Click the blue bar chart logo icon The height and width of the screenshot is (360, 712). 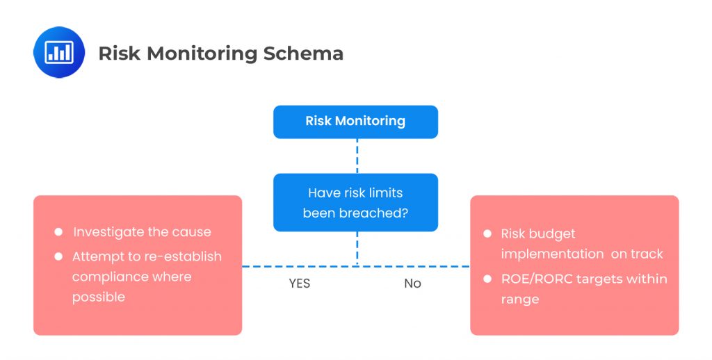[x=58, y=52]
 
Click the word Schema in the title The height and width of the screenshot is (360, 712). [x=306, y=54]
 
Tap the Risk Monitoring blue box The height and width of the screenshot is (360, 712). [x=355, y=122]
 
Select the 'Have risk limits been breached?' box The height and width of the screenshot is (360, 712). [x=355, y=202]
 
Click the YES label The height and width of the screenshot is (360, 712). [x=299, y=284]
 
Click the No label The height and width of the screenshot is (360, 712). [x=412, y=284]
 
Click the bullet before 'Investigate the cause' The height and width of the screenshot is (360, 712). [x=58, y=232]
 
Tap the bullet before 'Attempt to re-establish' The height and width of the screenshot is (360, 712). [x=58, y=256]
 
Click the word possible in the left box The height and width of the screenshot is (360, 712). [x=99, y=297]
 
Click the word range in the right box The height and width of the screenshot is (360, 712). [x=519, y=300]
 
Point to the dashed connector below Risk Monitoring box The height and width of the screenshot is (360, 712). [x=357, y=156]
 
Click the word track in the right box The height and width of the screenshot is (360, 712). [x=647, y=254]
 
